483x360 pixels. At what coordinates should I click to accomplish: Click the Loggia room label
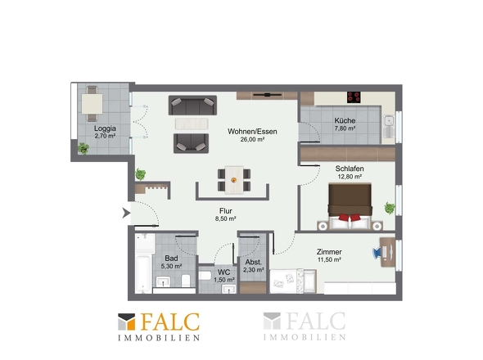105,128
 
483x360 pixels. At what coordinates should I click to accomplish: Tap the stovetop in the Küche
354,97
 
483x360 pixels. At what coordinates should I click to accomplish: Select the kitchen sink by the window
389,126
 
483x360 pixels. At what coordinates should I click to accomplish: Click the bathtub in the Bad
143,273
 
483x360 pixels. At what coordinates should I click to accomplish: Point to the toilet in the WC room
205,275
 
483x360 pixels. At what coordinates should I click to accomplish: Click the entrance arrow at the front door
126,213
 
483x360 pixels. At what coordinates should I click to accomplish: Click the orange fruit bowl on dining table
234,180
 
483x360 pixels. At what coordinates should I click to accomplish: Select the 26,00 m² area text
252,140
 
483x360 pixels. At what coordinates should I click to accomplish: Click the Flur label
225,211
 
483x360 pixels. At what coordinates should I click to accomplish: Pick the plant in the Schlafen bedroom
390,208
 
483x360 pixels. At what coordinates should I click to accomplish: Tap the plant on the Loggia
84,148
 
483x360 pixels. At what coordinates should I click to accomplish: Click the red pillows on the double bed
350,218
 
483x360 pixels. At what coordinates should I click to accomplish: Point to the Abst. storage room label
254,263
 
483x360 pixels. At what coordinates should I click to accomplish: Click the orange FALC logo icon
127,322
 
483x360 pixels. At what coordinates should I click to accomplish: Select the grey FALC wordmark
316,321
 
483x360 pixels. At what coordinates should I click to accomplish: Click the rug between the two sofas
192,124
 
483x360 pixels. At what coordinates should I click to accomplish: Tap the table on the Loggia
93,104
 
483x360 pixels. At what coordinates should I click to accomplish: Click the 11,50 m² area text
329,260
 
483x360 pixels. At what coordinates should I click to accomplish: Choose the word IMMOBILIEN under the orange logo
159,338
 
